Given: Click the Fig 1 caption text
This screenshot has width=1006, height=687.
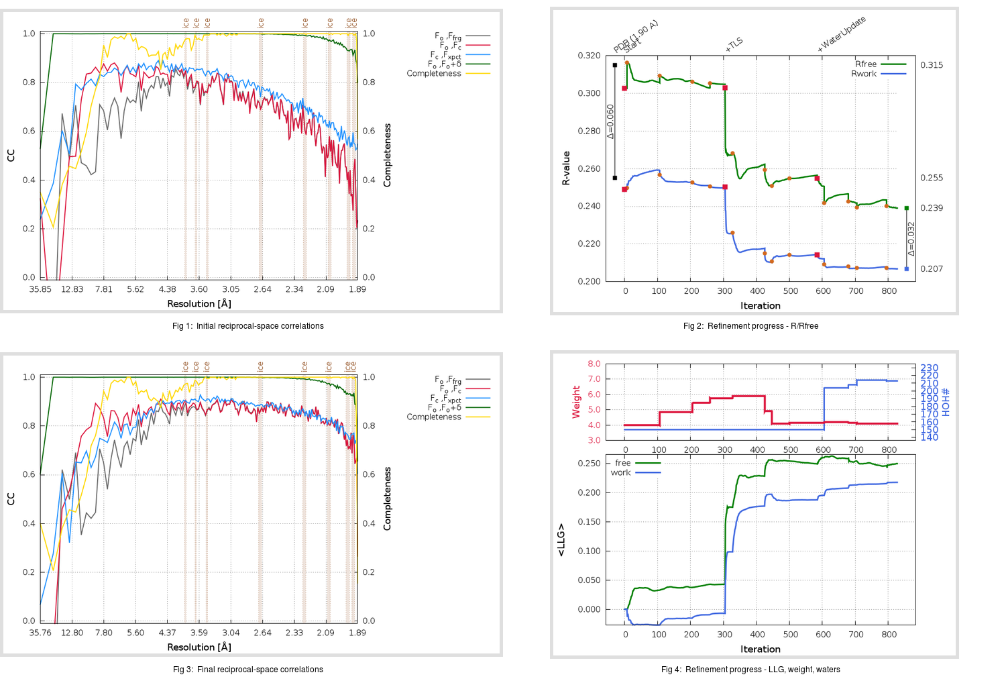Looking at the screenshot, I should click(247, 326).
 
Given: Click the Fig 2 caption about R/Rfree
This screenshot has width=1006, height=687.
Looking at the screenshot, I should click(750, 326).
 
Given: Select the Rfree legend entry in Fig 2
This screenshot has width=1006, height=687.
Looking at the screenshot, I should click(866, 64).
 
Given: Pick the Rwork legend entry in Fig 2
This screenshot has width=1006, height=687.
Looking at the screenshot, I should click(864, 74).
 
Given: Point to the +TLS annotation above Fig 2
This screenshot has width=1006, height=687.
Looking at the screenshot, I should click(734, 44).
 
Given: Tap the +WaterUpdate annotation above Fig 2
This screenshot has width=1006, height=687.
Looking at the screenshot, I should click(842, 34).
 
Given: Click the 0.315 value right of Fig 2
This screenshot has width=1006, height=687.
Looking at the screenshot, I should click(932, 65).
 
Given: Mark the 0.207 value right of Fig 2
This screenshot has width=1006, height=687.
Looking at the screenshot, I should click(932, 269).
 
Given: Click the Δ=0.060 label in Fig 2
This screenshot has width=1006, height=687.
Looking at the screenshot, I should click(610, 121).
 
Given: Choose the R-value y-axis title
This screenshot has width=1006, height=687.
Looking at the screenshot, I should click(566, 168).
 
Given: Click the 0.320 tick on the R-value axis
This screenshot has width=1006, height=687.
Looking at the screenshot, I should click(589, 56).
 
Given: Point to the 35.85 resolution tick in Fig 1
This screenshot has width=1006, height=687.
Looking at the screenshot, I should click(40, 289).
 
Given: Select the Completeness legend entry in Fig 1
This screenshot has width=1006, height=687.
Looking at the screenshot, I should click(434, 74).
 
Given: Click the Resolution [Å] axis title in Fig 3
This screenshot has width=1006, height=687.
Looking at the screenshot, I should click(199, 647).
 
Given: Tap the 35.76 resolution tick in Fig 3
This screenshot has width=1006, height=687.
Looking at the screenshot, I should click(40, 633).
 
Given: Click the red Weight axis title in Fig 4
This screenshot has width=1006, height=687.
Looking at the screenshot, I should click(576, 402).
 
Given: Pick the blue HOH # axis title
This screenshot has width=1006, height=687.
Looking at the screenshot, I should click(946, 402).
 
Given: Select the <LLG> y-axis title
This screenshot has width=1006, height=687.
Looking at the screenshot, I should click(561, 540).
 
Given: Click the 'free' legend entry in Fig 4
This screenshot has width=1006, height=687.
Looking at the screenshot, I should click(622, 463).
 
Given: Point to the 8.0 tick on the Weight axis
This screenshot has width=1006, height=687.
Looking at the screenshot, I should click(594, 364).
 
